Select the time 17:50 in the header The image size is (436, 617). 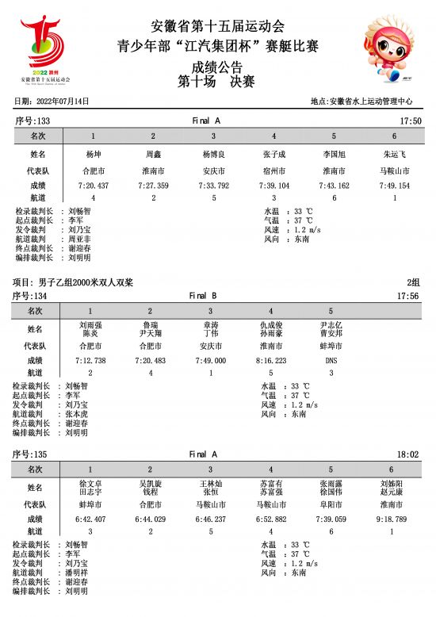tap(411, 121)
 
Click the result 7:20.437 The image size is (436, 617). tap(93, 185)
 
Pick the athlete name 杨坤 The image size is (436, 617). tap(93, 155)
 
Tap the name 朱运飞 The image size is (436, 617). tap(394, 155)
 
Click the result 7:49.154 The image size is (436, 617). tap(394, 185)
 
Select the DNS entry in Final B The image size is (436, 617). tap(331, 360)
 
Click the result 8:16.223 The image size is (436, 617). tap(270, 360)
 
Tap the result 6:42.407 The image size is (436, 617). tap(90, 519)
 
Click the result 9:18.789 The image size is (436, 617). tap(391, 519)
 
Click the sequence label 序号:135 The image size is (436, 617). tap(33, 454)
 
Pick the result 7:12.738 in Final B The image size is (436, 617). tap(90, 360)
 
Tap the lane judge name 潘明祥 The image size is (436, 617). tap(78, 572)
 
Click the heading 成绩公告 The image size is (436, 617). tap(217, 67)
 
